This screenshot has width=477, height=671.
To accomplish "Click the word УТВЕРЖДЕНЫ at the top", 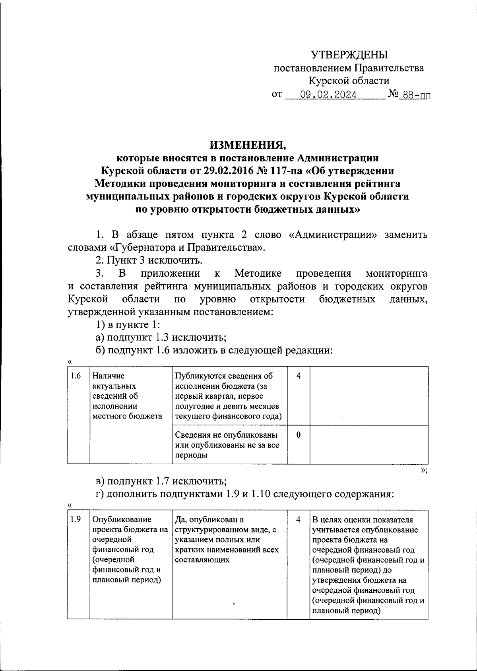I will click(349, 55).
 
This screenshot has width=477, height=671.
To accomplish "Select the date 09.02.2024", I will click(328, 95).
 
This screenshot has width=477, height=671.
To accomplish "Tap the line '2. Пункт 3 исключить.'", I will click(149, 261).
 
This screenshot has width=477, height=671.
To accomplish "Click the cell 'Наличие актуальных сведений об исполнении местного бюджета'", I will click(127, 396).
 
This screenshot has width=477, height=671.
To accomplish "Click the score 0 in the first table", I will click(298, 435).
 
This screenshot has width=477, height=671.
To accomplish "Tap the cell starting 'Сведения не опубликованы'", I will click(227, 445).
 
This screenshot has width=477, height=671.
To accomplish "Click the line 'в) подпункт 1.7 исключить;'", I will click(161, 481).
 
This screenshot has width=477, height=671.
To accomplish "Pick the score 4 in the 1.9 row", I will click(298, 520).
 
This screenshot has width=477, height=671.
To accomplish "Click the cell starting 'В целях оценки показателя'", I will click(368, 564).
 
